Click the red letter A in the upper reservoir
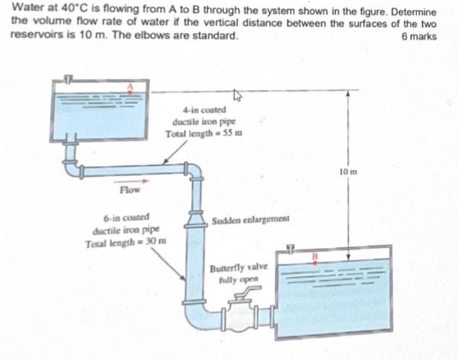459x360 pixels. [x=130, y=86]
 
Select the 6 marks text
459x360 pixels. [x=418, y=36]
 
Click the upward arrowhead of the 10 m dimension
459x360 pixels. [x=348, y=94]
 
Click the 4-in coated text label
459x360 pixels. [x=205, y=110]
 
